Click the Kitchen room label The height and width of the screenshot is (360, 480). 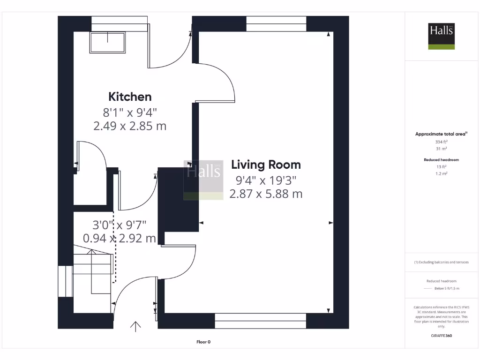(130, 97)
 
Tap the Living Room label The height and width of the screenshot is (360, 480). (266, 165)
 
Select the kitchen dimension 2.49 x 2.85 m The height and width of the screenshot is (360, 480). (130, 126)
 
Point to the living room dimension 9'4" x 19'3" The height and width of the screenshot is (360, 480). (266, 180)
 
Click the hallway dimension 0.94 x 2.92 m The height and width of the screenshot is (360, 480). (119, 238)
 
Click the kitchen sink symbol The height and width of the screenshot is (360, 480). (108, 43)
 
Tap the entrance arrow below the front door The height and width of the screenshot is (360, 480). (136, 326)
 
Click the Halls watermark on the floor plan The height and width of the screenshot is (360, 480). (203, 180)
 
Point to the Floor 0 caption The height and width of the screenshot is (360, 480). (203, 342)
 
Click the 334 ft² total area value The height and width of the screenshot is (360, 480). (442, 142)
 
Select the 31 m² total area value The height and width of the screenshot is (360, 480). (442, 149)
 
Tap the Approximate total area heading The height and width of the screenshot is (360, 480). (441, 134)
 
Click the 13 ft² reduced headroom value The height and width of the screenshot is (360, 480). (442, 166)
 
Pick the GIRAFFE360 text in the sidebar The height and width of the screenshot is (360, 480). (442, 336)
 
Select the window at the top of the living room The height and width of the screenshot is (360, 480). (276, 23)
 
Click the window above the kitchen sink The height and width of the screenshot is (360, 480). (120, 23)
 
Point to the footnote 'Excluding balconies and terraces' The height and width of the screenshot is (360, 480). (442, 262)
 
